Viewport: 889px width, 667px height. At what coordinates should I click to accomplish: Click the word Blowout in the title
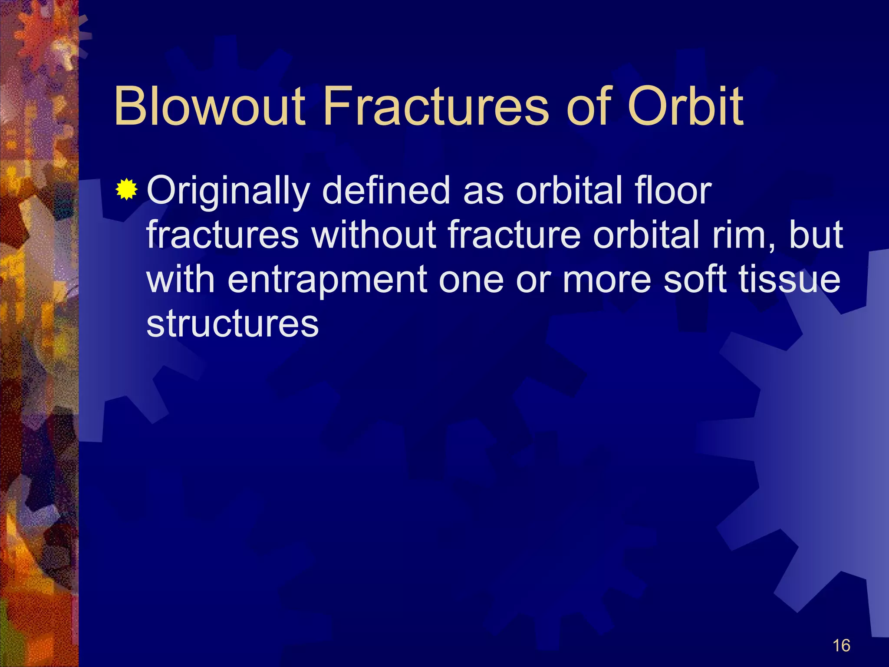pyautogui.click(x=210, y=106)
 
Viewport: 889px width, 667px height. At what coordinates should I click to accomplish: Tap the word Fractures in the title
pyautogui.click(x=436, y=106)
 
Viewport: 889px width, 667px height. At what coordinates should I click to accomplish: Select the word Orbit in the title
pyautogui.click(x=685, y=106)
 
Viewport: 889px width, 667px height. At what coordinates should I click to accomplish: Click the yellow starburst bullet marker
pyautogui.click(x=126, y=189)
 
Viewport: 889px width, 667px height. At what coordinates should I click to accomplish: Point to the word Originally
pyautogui.click(x=228, y=192)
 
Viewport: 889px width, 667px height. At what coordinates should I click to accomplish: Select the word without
pyautogui.click(x=374, y=234)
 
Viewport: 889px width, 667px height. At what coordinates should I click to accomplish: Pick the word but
pyautogui.click(x=816, y=234)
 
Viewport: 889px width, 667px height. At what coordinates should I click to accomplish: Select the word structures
pyautogui.click(x=233, y=323)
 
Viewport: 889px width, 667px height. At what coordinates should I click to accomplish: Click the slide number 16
pyautogui.click(x=841, y=646)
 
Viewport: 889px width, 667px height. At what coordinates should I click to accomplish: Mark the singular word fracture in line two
pyautogui.click(x=514, y=234)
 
